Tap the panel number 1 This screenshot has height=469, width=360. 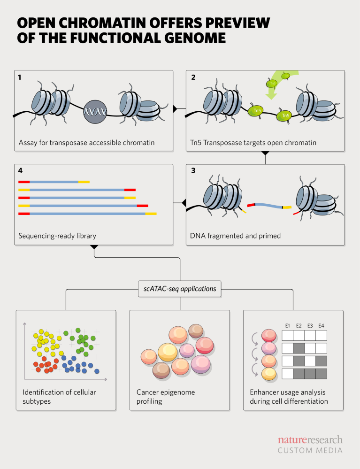tap(20, 77)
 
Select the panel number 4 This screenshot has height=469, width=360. tap(20, 171)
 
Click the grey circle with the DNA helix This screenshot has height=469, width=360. tap(95, 111)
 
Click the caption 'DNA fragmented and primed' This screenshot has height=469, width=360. tap(236, 236)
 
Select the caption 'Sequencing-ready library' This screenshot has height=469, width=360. tap(57, 236)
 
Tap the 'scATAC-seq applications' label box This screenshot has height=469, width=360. tap(180, 289)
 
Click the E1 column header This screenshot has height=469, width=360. tap(287, 326)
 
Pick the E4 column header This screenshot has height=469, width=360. tap(321, 326)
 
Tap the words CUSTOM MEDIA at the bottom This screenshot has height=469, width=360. tap(310, 451)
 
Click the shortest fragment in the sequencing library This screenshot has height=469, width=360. tap(54, 181)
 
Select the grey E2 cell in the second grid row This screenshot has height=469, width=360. tap(299, 348)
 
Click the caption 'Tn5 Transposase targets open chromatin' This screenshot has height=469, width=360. tap(254, 142)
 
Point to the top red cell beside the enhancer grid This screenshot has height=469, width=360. tap(269, 335)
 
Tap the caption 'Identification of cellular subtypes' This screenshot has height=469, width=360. tap(55, 397)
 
